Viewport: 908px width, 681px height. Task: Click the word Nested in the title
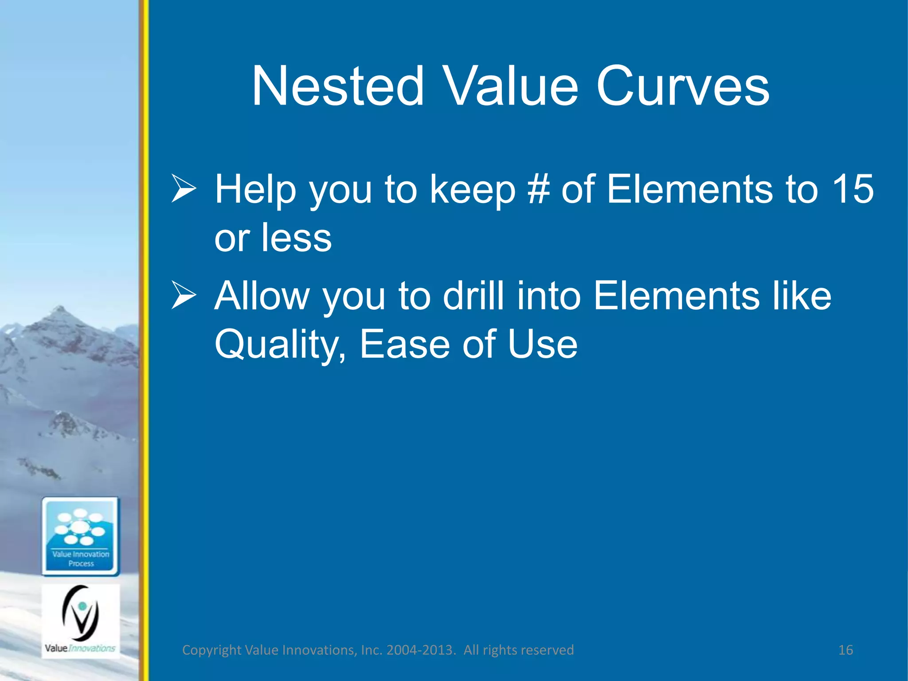pyautogui.click(x=338, y=86)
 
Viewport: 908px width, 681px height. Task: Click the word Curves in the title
pyautogui.click(x=682, y=86)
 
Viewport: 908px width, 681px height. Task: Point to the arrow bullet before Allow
pyautogui.click(x=184, y=296)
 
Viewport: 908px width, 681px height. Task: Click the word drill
pyautogui.click(x=474, y=296)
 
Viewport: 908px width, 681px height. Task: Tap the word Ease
pyautogui.click(x=404, y=344)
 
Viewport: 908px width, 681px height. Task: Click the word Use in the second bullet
pyautogui.click(x=543, y=344)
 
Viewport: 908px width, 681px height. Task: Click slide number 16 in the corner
pyautogui.click(x=845, y=650)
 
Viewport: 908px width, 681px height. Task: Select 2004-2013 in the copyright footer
pyautogui.click(x=421, y=650)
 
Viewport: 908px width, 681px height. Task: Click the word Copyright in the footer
pyautogui.click(x=212, y=650)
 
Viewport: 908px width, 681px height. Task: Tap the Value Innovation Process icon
pyautogui.click(x=81, y=536)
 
